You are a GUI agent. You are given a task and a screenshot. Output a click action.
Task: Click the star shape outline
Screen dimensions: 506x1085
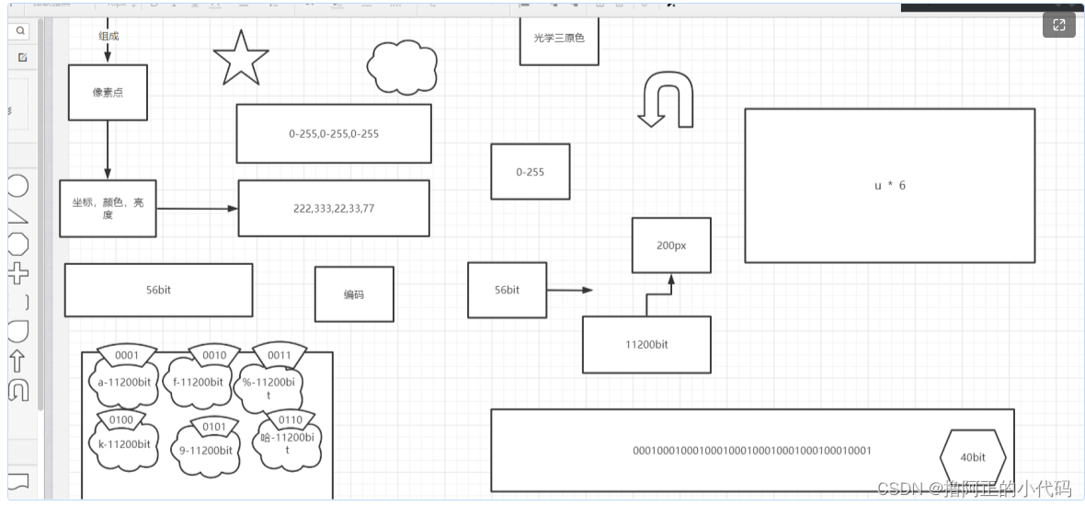point(240,59)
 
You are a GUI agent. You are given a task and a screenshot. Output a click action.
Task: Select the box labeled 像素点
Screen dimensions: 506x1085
point(108,92)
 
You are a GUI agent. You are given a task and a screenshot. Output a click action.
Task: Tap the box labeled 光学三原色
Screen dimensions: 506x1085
point(559,40)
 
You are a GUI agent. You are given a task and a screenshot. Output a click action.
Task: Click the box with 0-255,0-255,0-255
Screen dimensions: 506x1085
point(334,133)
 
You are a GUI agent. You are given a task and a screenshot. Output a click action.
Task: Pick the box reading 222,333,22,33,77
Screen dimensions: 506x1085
point(334,208)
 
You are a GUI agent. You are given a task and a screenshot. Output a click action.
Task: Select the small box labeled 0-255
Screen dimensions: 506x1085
point(530,171)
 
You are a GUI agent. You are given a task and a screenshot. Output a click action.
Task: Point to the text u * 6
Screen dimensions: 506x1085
point(889,185)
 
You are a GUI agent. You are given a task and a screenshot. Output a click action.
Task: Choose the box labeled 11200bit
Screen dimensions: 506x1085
point(646,344)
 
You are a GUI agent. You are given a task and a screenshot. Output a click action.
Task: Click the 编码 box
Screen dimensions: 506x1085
point(354,294)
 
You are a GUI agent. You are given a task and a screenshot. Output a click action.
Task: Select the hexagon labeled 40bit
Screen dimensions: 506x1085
point(973,457)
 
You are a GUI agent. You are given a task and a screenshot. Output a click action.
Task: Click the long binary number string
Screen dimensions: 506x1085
point(752,450)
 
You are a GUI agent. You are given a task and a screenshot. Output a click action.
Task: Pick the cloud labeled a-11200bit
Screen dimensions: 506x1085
point(124,384)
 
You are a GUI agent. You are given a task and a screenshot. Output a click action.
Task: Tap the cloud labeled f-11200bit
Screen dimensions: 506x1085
point(197,383)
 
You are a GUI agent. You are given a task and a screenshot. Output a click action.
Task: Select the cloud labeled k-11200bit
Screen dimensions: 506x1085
point(124,444)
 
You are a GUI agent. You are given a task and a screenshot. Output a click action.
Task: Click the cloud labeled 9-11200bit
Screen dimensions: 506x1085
point(205,451)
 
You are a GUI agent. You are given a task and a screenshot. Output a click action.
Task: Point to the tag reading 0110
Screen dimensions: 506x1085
point(289,420)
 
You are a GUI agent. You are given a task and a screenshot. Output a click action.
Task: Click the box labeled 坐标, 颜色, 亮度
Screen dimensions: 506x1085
point(108,208)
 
